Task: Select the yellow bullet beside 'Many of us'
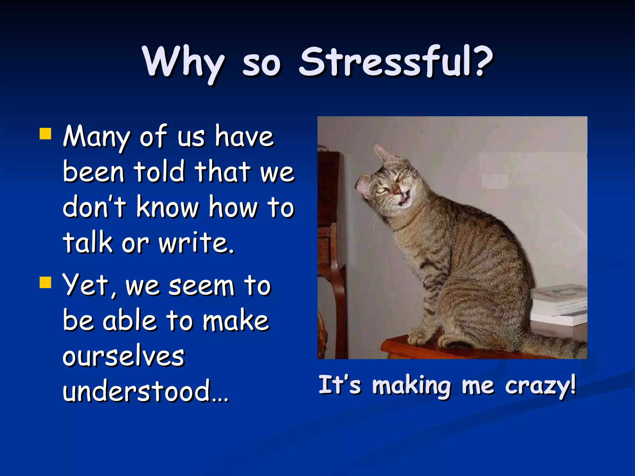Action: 45,134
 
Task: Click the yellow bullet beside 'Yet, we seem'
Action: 45,282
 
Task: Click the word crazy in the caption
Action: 540,386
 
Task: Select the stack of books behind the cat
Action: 560,305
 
